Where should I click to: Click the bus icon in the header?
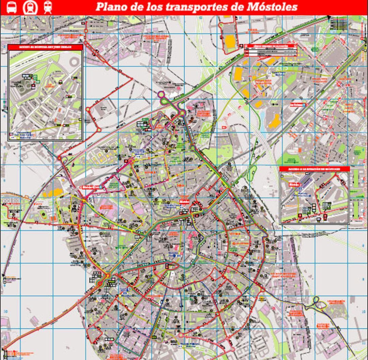coord(11,7)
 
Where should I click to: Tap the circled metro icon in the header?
coord(30,7)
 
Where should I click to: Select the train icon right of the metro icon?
coord(48,7)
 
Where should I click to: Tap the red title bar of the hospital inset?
coord(45,47)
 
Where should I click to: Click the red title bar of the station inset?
coord(314,169)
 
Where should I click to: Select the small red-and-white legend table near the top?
coord(271,50)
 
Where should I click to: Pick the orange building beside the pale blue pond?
coord(275,121)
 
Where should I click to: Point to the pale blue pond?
coord(263,116)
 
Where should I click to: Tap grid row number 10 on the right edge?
coord(364,311)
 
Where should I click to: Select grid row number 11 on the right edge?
coord(364,344)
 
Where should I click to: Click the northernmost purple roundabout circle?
coord(161,94)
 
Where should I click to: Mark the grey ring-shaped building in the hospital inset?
coord(74,62)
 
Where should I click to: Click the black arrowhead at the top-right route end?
coord(329,17)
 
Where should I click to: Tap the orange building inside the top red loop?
coord(230,41)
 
